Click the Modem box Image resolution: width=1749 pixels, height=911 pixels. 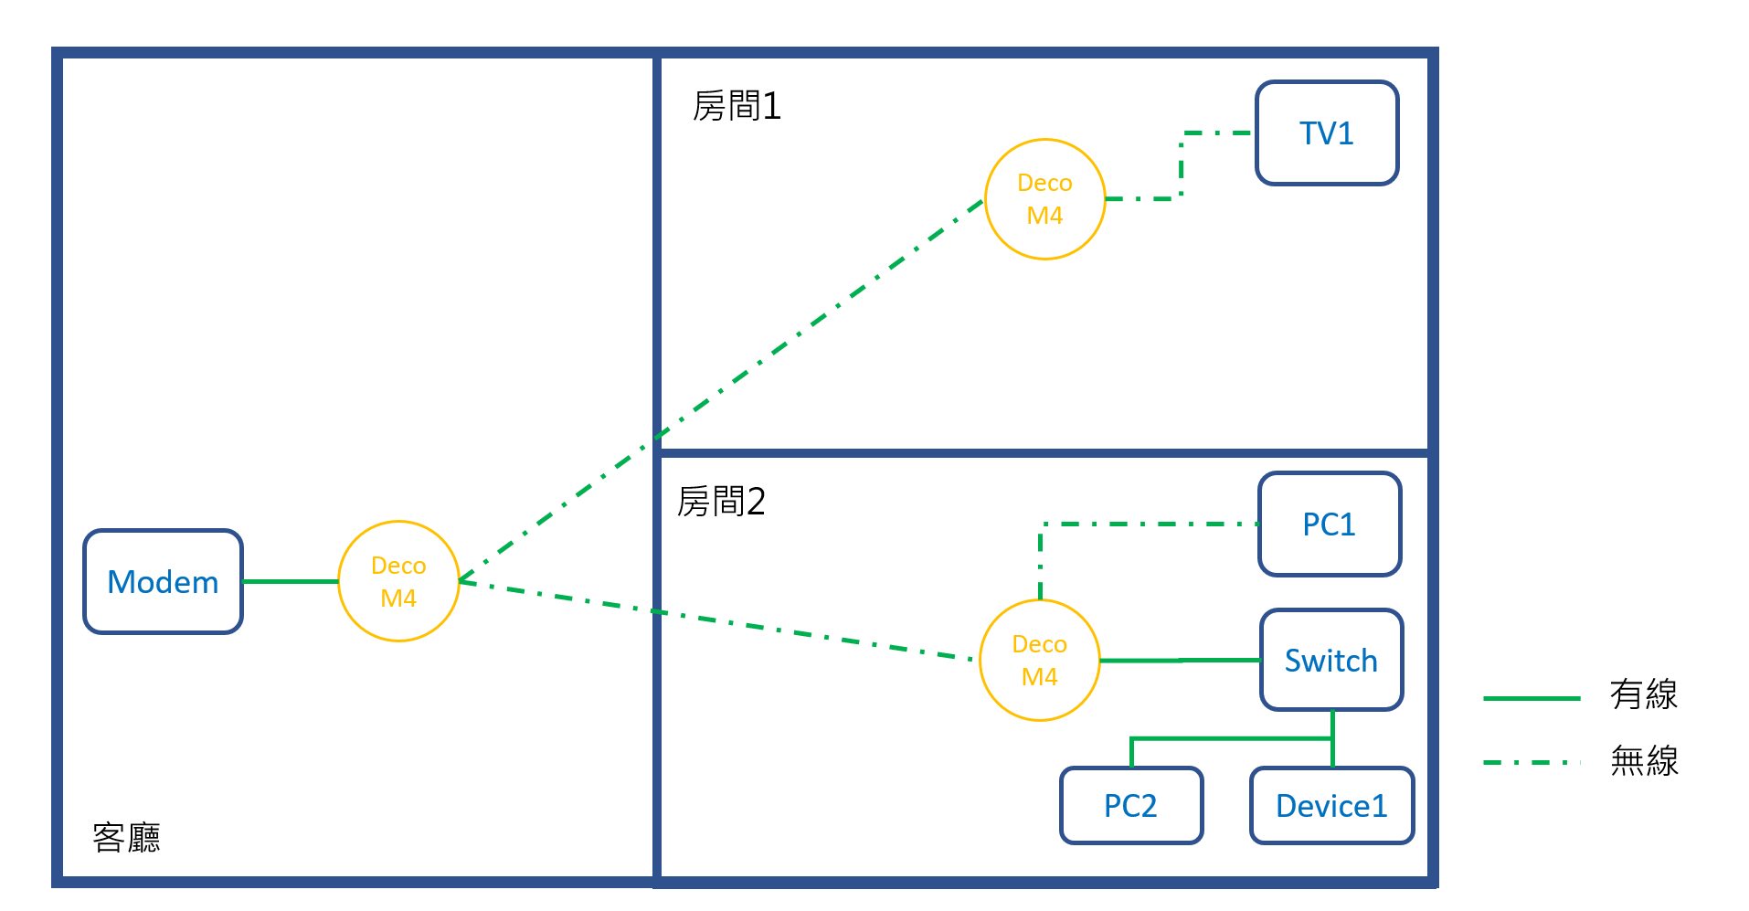click(x=163, y=582)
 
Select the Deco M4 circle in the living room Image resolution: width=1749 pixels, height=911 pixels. click(x=398, y=581)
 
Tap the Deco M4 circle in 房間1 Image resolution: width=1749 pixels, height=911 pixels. click(x=1044, y=199)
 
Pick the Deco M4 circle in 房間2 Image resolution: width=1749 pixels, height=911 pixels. click(x=1039, y=661)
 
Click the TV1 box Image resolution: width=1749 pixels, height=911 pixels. click(x=1327, y=133)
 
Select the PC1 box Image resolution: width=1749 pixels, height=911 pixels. click(x=1329, y=524)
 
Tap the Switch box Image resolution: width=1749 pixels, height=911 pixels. click(x=1331, y=661)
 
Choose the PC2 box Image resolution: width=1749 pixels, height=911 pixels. click(x=1130, y=806)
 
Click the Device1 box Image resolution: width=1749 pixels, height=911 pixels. click(x=1331, y=806)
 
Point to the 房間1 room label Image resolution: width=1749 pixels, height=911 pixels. click(x=737, y=107)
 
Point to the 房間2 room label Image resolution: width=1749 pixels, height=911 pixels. click(x=721, y=502)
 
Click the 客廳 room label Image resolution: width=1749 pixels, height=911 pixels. click(x=127, y=837)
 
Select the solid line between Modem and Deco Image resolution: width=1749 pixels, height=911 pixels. click(x=291, y=581)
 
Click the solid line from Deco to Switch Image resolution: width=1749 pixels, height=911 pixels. click(x=1179, y=660)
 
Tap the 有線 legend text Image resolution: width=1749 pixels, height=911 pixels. click(x=1643, y=694)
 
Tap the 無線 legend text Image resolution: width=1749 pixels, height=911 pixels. click(x=1643, y=760)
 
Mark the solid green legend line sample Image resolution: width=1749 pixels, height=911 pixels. click(x=1532, y=698)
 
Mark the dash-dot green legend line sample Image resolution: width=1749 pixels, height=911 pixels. click(x=1532, y=762)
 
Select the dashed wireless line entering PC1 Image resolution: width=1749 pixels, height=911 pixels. click(x=1151, y=524)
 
